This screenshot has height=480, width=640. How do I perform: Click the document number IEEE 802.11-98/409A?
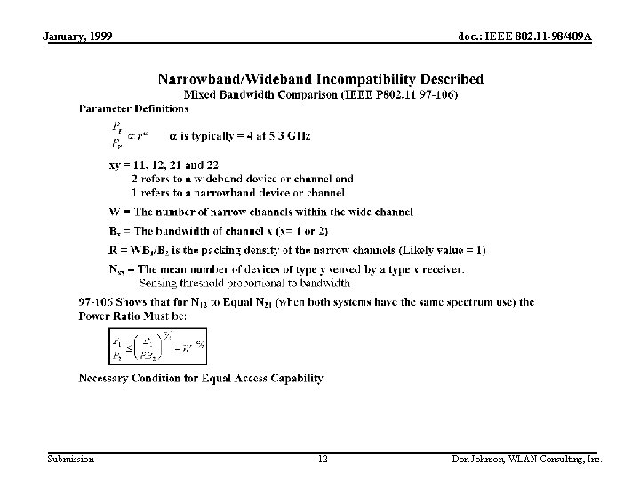(524, 36)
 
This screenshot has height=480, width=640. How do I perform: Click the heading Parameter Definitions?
(133, 108)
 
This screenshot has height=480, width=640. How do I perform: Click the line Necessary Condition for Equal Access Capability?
(201, 378)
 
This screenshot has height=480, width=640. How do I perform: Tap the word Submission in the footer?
(70, 459)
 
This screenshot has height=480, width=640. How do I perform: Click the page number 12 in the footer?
(323, 459)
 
